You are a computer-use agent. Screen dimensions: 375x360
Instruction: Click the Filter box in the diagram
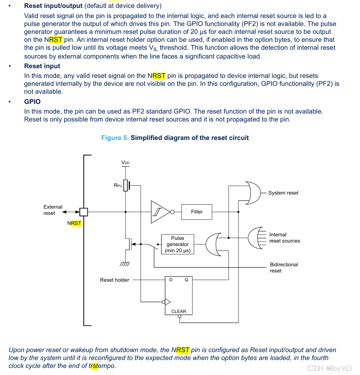(x=197, y=212)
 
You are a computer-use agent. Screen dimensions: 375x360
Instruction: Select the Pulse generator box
(x=177, y=244)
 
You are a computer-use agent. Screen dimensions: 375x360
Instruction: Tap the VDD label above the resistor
(x=126, y=163)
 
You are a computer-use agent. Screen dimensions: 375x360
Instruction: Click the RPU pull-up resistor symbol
(x=126, y=185)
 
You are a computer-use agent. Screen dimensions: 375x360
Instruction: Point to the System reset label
(x=283, y=193)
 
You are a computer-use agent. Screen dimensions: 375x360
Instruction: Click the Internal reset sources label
(x=284, y=238)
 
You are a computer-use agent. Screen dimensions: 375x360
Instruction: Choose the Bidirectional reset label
(x=284, y=268)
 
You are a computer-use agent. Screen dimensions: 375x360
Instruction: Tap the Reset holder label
(x=115, y=280)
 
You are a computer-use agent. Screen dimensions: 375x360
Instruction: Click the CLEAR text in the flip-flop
(x=179, y=311)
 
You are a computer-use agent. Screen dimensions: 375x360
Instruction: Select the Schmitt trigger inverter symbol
(x=160, y=212)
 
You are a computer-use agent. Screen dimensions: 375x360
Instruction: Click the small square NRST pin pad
(x=84, y=212)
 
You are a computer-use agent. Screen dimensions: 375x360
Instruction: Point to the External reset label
(x=53, y=210)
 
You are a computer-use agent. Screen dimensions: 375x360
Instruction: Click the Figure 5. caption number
(x=115, y=138)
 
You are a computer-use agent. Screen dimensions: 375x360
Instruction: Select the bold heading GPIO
(x=32, y=102)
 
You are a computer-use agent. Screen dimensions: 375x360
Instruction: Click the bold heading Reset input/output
(x=53, y=6)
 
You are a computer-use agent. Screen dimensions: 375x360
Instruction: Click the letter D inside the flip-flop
(x=171, y=280)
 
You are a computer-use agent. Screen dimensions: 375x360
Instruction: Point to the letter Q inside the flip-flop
(x=186, y=280)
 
